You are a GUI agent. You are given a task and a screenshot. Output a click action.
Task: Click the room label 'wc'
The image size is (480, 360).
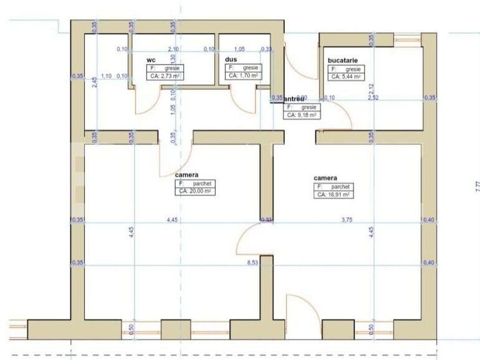pyautogui.click(x=150, y=60)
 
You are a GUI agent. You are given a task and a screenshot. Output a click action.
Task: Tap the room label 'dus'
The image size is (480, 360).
pyautogui.click(x=231, y=60)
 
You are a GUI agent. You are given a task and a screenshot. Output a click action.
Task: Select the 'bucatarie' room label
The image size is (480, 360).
pyautogui.click(x=343, y=60)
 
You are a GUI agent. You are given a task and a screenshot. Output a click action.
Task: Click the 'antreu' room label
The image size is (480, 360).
pyautogui.click(x=294, y=99)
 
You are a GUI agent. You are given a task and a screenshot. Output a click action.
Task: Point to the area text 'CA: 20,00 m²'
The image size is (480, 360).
pyautogui.click(x=194, y=192)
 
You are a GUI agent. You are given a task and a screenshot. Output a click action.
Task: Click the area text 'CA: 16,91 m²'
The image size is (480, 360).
pyautogui.click(x=333, y=194)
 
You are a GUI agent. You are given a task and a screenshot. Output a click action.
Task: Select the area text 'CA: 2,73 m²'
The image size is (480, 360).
pyautogui.click(x=163, y=76)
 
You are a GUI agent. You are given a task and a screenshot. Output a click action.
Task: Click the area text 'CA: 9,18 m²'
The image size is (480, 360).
pyautogui.click(x=302, y=115)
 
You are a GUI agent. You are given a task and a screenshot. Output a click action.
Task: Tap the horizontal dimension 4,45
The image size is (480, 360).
pyautogui.click(x=172, y=219)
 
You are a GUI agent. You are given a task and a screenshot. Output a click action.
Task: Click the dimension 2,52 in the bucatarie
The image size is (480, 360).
pyautogui.click(x=373, y=98)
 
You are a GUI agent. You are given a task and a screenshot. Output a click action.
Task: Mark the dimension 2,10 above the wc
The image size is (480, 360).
pyautogui.click(x=174, y=49)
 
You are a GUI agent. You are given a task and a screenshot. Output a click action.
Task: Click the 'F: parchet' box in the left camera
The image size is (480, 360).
pyautogui.click(x=194, y=184)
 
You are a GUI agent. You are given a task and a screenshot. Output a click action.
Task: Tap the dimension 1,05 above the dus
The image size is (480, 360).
pyautogui.click(x=239, y=49)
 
